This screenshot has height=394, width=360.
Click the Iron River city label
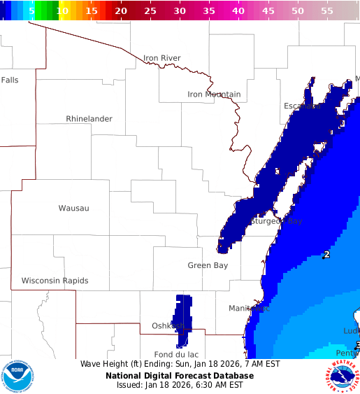[x=161, y=58]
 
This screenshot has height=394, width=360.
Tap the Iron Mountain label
[x=214, y=94]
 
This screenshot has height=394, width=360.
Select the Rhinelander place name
[x=89, y=119]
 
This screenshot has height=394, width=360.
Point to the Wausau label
[x=73, y=208]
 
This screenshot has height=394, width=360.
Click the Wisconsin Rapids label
[x=55, y=281]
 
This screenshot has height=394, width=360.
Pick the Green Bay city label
[x=208, y=265]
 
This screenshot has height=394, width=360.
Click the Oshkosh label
[x=168, y=325]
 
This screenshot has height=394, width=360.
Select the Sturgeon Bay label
[x=276, y=221]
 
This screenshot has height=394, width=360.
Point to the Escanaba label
[x=302, y=106]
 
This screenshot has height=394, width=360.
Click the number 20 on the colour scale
[x=121, y=11]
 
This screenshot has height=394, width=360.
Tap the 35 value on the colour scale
[x=209, y=11]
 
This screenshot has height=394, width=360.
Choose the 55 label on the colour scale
[x=327, y=11]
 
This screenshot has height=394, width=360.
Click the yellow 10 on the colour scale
[x=63, y=11]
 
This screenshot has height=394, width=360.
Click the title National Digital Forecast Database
[x=180, y=376]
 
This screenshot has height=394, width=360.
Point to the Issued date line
[x=180, y=385]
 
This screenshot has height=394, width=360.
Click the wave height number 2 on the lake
[x=326, y=255]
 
